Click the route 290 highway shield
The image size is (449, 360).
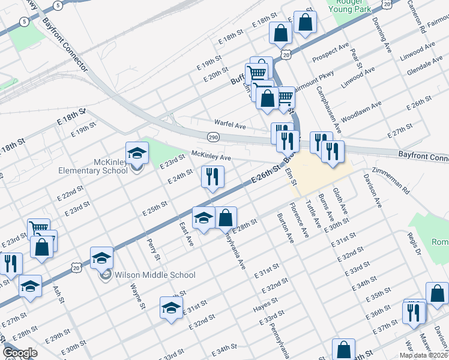coord(213,137)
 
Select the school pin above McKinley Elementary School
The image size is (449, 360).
coord(137,154)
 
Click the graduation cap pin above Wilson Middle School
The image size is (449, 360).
coord(102,258)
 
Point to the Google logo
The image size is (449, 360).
coord(20,353)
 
